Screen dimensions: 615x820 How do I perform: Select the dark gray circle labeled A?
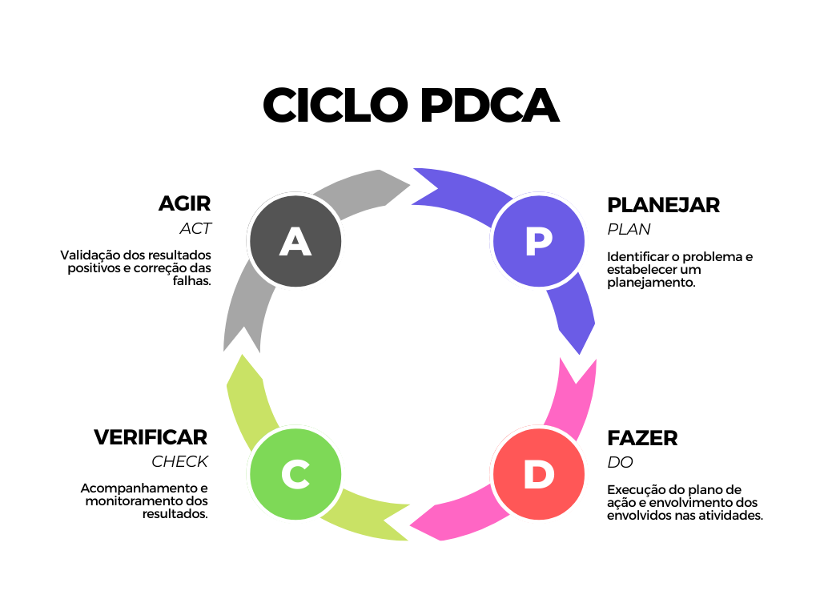[x=295, y=241]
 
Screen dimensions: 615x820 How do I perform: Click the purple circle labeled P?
[x=538, y=241]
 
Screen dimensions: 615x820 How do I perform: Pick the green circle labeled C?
[x=295, y=474]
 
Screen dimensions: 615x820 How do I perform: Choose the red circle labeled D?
[x=538, y=474]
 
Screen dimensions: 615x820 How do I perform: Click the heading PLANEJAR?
[x=663, y=205]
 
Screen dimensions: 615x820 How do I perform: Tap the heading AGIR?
[x=185, y=203]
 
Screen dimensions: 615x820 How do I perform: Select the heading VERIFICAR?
[x=151, y=437]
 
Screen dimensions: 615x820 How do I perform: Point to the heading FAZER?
[x=642, y=438]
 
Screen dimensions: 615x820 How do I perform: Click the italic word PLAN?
[x=629, y=229]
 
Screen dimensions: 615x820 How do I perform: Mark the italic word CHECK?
[x=180, y=462]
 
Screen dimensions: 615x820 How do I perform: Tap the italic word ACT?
[x=195, y=229]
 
